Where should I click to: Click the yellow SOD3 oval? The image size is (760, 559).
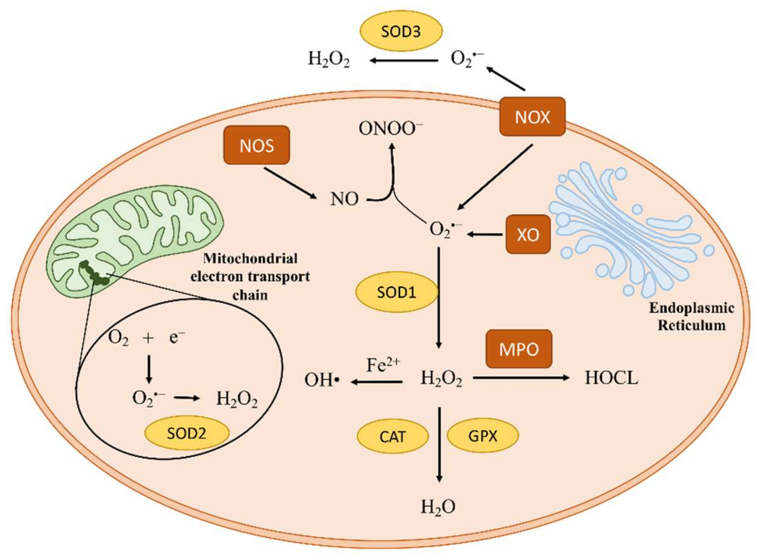[401, 31]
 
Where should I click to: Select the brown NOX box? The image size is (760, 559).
[532, 117]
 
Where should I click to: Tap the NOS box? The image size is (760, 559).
[257, 145]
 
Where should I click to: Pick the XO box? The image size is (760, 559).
[528, 234]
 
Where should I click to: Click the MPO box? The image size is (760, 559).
[519, 349]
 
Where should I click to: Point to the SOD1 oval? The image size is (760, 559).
[396, 292]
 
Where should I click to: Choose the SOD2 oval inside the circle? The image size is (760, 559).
[187, 433]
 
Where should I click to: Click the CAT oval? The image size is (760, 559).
[392, 436]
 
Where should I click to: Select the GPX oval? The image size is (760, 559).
[482, 436]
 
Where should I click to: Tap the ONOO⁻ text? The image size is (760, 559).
[391, 129]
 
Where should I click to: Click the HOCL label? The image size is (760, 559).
[611, 378]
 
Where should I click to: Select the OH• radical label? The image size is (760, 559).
[322, 380]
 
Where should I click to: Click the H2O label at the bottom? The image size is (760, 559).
[438, 508]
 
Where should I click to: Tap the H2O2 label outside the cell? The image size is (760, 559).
[328, 59]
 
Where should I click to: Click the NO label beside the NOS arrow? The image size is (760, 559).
[344, 199]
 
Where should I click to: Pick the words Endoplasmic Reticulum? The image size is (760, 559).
[691, 317]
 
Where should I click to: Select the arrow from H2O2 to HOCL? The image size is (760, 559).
[522, 378]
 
